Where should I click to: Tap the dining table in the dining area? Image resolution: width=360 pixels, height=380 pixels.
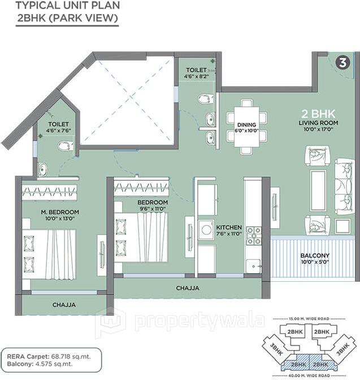point(247,126)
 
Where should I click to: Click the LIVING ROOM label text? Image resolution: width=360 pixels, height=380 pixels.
point(319,123)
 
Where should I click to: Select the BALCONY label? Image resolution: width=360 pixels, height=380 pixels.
point(315,255)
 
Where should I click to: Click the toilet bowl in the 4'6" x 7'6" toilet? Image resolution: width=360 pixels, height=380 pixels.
point(65,146)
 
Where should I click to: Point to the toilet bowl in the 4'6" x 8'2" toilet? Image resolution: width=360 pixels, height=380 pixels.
point(205,98)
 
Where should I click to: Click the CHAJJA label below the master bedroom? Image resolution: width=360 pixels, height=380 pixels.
point(64,304)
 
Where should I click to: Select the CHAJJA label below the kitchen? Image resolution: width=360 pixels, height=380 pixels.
point(187,288)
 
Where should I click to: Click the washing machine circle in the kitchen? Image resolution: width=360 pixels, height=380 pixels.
point(206,232)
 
